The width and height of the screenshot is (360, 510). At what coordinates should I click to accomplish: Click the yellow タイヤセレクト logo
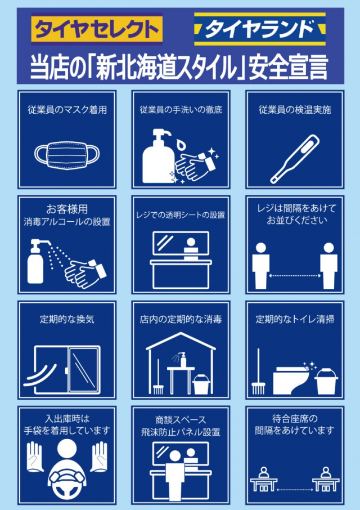pos(97,29)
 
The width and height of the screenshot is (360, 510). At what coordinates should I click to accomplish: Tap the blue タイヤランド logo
pos(260,29)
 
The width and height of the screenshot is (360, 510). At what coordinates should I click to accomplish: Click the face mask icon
pos(67,154)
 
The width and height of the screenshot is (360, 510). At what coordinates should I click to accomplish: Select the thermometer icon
pos(295,159)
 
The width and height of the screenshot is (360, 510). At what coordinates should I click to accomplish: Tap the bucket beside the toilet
pos(326,381)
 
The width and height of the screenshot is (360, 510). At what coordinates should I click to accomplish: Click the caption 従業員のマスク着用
pos(67,110)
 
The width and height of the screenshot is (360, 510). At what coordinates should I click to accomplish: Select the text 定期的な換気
pos(67,319)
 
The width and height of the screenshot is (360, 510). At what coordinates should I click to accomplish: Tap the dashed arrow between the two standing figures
pos(295,276)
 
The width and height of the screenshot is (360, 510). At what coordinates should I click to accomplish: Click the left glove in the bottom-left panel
pos(34,456)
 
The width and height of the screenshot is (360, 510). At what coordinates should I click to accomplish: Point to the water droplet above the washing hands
pos(180,144)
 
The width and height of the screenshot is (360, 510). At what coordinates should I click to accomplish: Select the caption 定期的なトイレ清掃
pos(295,319)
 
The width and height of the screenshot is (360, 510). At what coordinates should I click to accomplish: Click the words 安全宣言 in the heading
pos(288,68)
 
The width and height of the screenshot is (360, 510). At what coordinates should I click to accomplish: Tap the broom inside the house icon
pos(158,377)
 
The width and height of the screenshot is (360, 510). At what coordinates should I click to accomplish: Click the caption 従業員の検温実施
pos(295,110)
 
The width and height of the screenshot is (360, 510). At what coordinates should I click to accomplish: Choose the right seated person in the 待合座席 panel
pos(325,478)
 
